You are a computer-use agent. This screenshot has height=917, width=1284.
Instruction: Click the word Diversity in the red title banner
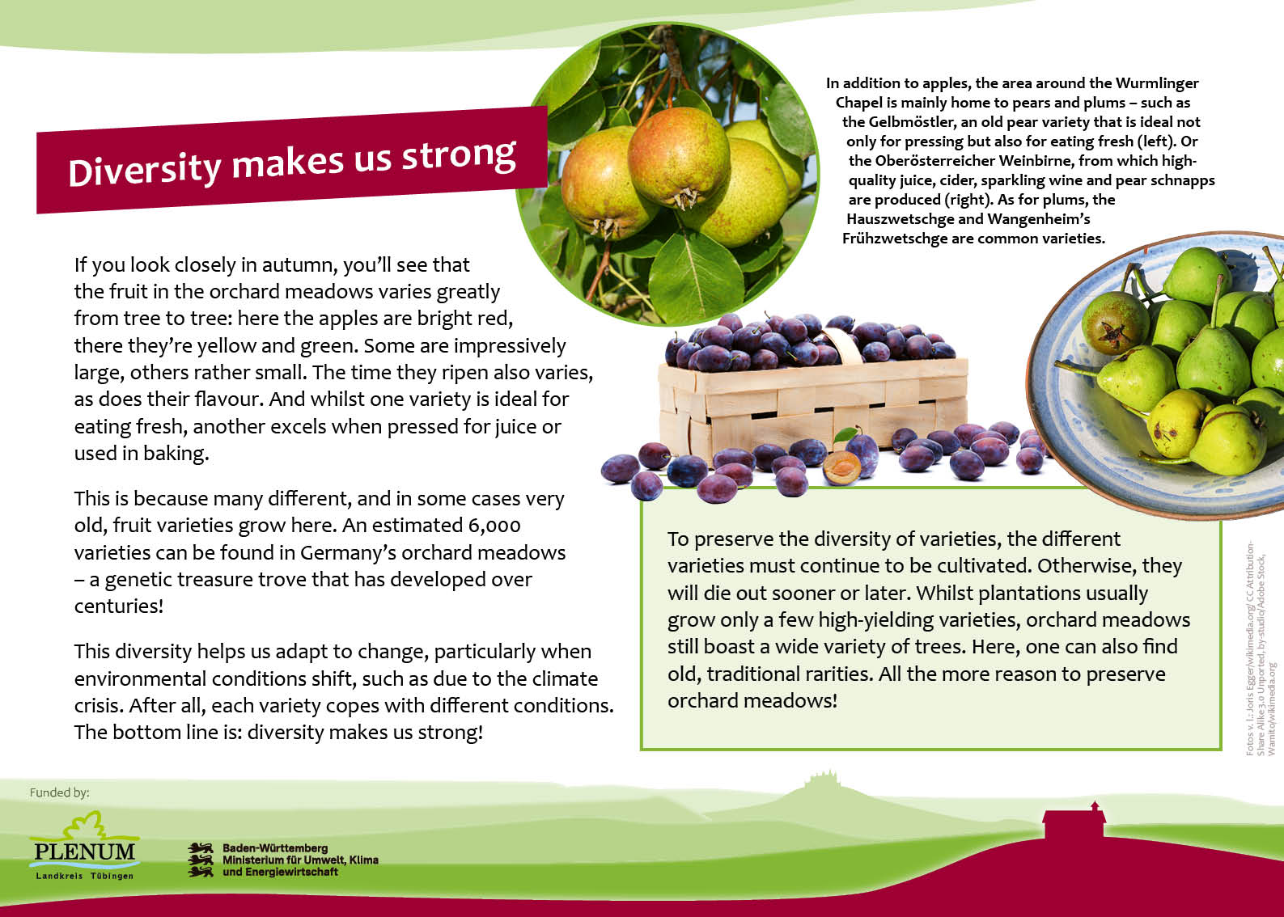click(x=145, y=170)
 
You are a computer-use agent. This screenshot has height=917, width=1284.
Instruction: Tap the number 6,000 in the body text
click(x=494, y=526)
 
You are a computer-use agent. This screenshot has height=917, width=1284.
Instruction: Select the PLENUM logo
click(x=85, y=845)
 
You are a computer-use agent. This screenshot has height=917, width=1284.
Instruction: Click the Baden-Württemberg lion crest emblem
click(x=200, y=860)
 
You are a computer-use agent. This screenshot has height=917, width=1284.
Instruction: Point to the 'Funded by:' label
click(x=60, y=792)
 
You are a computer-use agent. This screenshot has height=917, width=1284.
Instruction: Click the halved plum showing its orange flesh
click(x=841, y=467)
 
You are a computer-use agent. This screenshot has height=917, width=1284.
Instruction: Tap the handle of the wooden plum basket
click(x=842, y=344)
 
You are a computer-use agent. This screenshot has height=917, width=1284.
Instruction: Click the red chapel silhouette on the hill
click(x=1074, y=820)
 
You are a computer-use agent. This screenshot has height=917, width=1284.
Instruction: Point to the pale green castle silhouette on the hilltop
click(x=823, y=780)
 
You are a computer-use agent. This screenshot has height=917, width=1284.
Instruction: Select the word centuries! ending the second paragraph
click(x=119, y=606)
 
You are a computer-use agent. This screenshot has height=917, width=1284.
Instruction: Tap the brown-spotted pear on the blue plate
click(x=1115, y=323)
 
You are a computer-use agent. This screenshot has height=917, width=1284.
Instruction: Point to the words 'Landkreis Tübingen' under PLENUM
click(x=85, y=876)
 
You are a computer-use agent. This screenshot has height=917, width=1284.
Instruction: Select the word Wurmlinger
click(x=1157, y=84)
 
